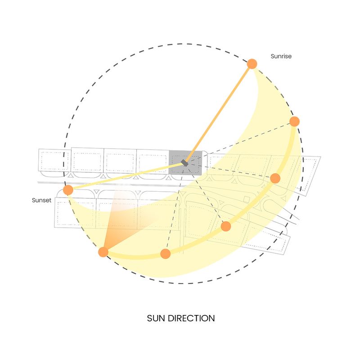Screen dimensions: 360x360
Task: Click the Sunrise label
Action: (x=281, y=56)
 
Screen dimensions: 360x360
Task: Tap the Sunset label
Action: (x=41, y=200)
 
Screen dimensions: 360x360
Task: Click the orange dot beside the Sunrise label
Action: (x=252, y=64)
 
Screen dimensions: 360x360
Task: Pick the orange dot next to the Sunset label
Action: (x=68, y=190)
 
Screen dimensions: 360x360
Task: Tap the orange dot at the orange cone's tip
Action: (x=103, y=252)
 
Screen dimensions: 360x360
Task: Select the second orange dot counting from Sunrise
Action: (x=295, y=121)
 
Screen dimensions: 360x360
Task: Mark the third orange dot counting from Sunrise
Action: (x=275, y=178)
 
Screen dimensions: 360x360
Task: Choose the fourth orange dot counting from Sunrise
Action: (x=226, y=226)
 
